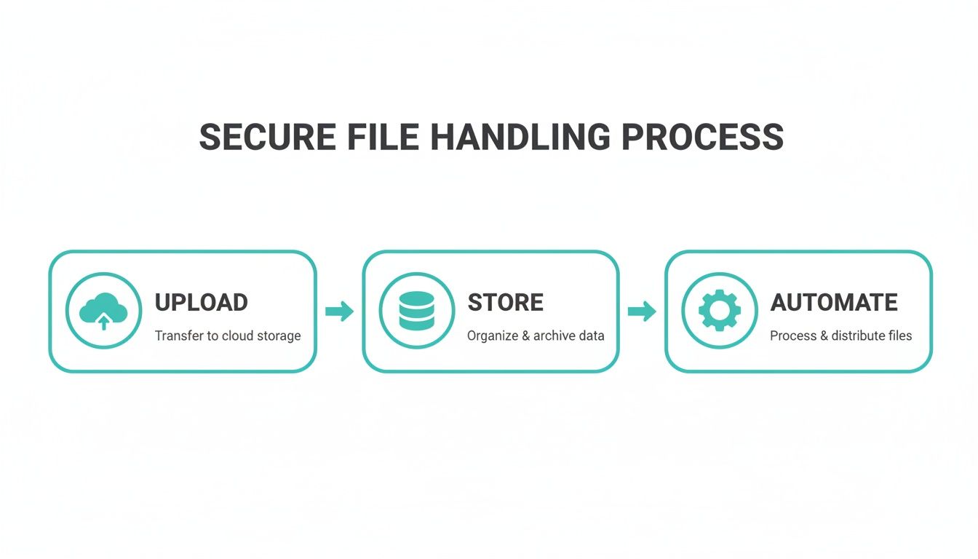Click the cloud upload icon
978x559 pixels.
pyautogui.click(x=103, y=312)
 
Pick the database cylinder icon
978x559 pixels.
pyautogui.click(x=417, y=312)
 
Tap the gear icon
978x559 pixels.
pyautogui.click(x=719, y=312)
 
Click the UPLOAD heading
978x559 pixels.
pyautogui.click(x=202, y=303)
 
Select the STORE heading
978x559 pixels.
pyautogui.click(x=505, y=303)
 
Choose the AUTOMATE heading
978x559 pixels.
pyautogui.click(x=834, y=303)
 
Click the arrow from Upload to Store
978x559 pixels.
pyautogui.click(x=339, y=312)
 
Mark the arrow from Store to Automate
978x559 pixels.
pyautogui.click(x=642, y=312)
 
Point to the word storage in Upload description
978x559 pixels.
pyautogui.click(x=279, y=336)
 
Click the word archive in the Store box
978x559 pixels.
pyautogui.click(x=554, y=336)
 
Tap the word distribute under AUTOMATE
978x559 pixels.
pyautogui.click(x=859, y=336)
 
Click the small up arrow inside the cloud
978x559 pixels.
pyautogui.click(x=103, y=322)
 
